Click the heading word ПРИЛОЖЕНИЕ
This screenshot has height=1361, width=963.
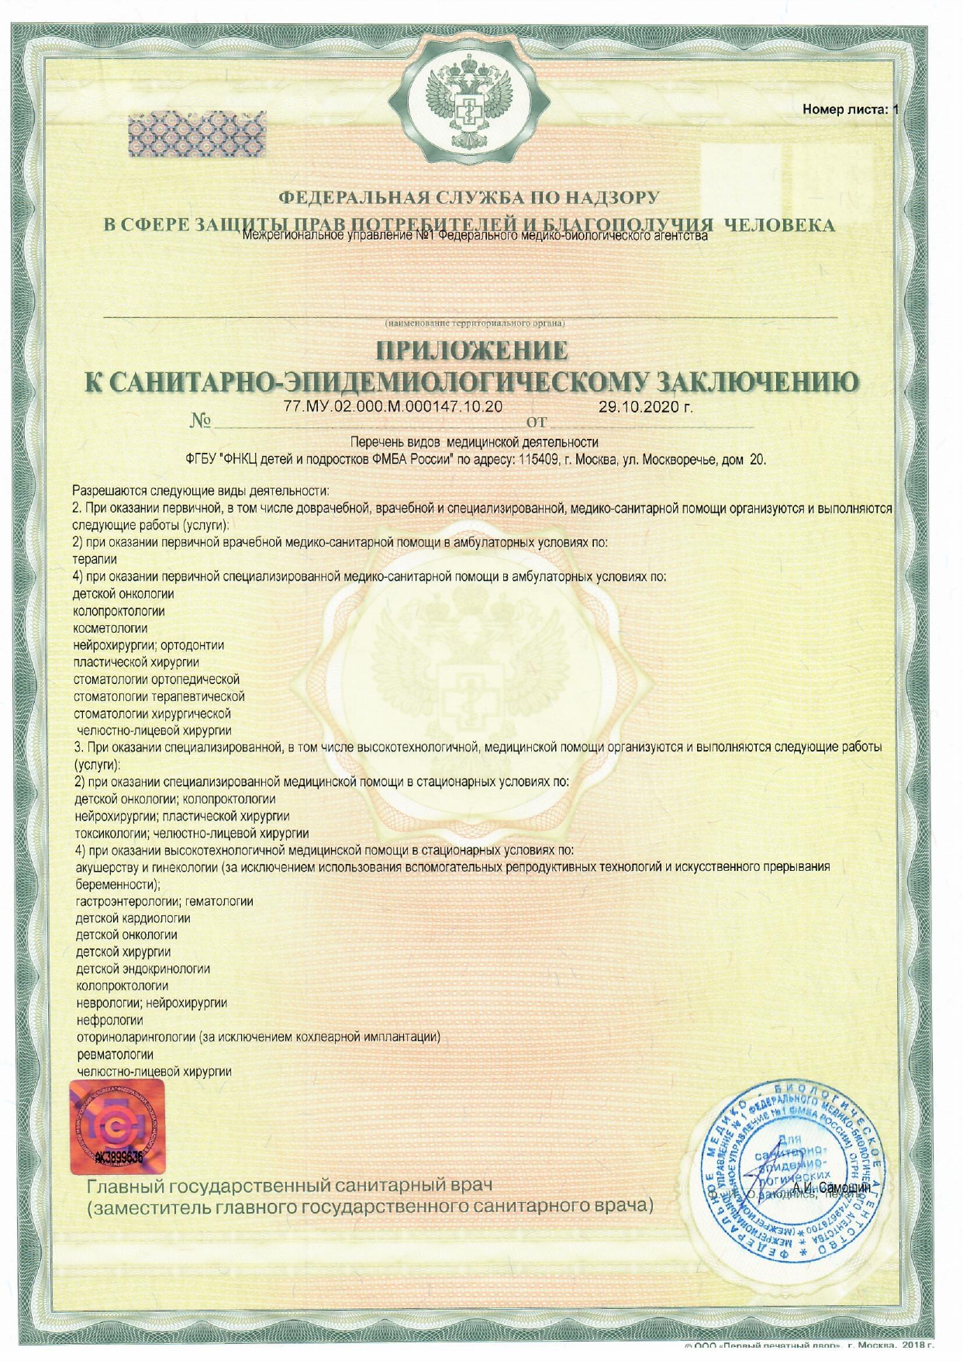[x=471, y=351]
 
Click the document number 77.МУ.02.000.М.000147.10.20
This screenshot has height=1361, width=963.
[x=394, y=407]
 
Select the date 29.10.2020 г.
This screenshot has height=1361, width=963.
[x=645, y=407]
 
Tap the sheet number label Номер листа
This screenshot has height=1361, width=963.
[x=844, y=109]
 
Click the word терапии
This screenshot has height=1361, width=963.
[x=95, y=559]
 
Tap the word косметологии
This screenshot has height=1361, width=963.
[x=110, y=628]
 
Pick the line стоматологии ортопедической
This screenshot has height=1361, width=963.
[x=157, y=679]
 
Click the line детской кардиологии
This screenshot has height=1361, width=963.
[x=133, y=918]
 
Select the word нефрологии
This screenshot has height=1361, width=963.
[x=110, y=1021]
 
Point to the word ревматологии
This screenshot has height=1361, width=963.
[x=115, y=1055]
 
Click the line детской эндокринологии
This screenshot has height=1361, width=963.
[x=143, y=969]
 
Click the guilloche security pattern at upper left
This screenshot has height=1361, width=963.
[x=196, y=135]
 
